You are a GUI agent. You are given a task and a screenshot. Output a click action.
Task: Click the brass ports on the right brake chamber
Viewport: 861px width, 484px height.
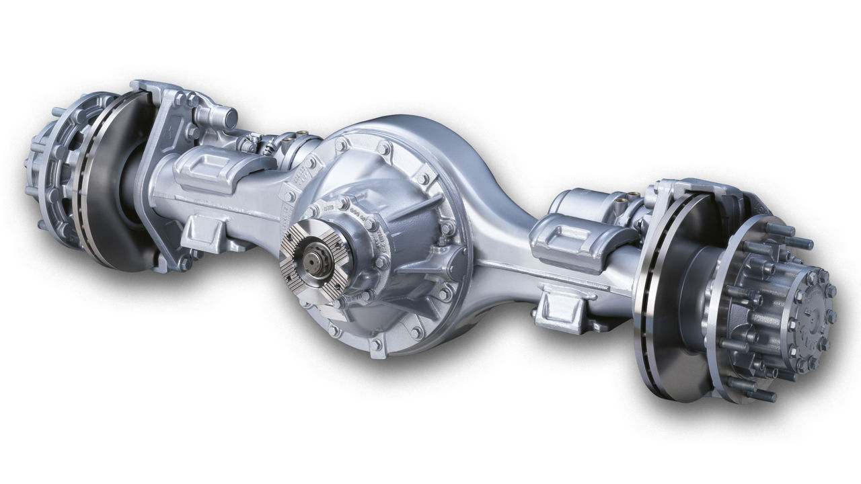point(633,196)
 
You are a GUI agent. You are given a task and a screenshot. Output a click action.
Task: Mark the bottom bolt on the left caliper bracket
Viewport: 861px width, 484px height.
point(182,265)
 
